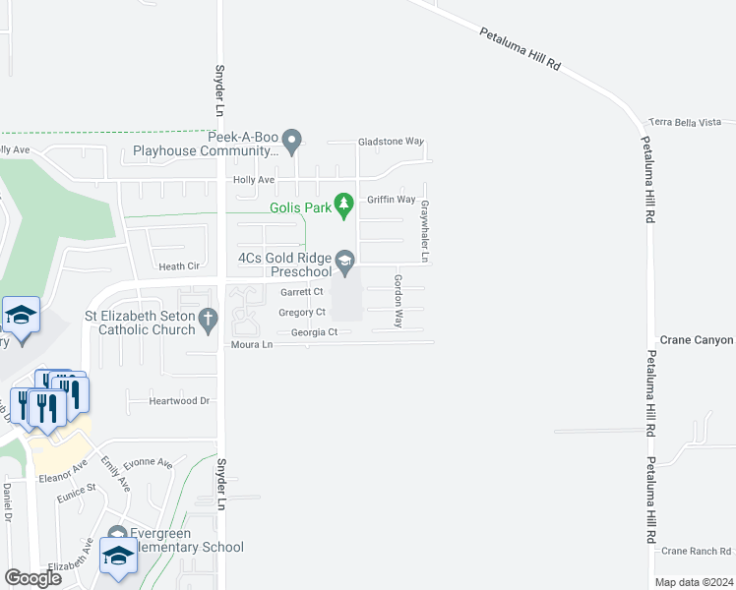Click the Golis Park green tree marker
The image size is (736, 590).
[x=343, y=206]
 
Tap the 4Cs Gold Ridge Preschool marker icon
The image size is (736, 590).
[x=344, y=261]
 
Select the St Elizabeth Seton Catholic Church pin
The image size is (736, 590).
[x=207, y=319]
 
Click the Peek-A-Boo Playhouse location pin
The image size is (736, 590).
[x=292, y=144]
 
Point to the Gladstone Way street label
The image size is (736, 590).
[x=390, y=142]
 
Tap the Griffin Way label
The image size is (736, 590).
[x=392, y=200]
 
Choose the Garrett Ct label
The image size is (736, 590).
[x=301, y=292]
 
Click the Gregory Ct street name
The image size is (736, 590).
[x=302, y=313]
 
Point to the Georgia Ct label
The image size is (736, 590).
[x=314, y=332]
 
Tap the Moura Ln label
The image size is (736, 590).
[x=251, y=345]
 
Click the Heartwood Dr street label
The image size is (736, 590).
[x=179, y=401]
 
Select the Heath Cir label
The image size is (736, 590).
[x=179, y=266]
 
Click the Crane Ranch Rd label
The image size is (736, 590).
[x=697, y=552]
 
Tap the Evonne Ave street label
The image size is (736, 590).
[x=148, y=462]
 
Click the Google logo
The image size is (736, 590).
[x=32, y=578]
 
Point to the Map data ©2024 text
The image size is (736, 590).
[x=693, y=582]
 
